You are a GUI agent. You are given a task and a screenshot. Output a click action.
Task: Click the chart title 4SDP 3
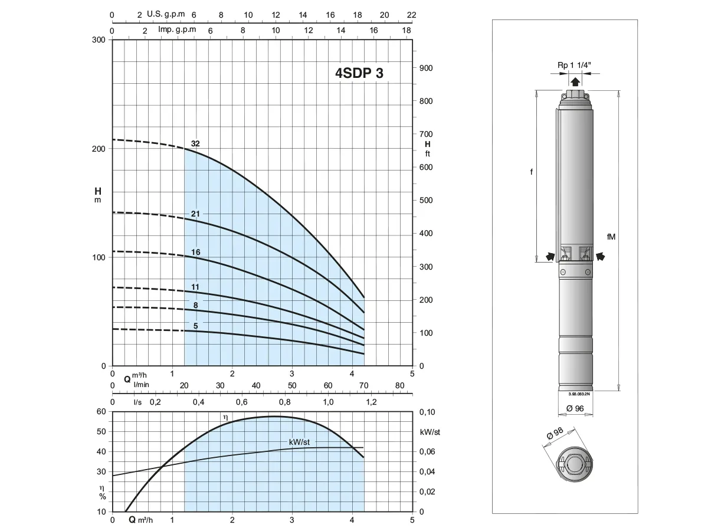click(x=359, y=73)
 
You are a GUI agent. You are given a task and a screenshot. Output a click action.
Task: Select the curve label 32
click(x=195, y=143)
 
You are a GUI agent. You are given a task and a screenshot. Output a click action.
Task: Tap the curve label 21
click(x=195, y=214)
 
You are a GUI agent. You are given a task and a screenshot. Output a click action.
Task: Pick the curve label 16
click(x=195, y=252)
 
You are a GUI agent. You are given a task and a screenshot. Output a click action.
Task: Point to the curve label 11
click(x=195, y=287)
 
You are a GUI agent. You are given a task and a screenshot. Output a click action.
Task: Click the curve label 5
click(x=195, y=326)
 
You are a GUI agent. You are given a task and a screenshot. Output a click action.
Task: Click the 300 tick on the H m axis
click(x=99, y=40)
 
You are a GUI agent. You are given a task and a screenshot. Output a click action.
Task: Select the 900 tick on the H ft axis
click(x=426, y=68)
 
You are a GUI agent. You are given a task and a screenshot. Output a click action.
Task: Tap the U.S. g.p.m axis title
click(x=166, y=14)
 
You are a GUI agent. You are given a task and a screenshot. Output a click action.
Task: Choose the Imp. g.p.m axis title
click(x=177, y=29)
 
